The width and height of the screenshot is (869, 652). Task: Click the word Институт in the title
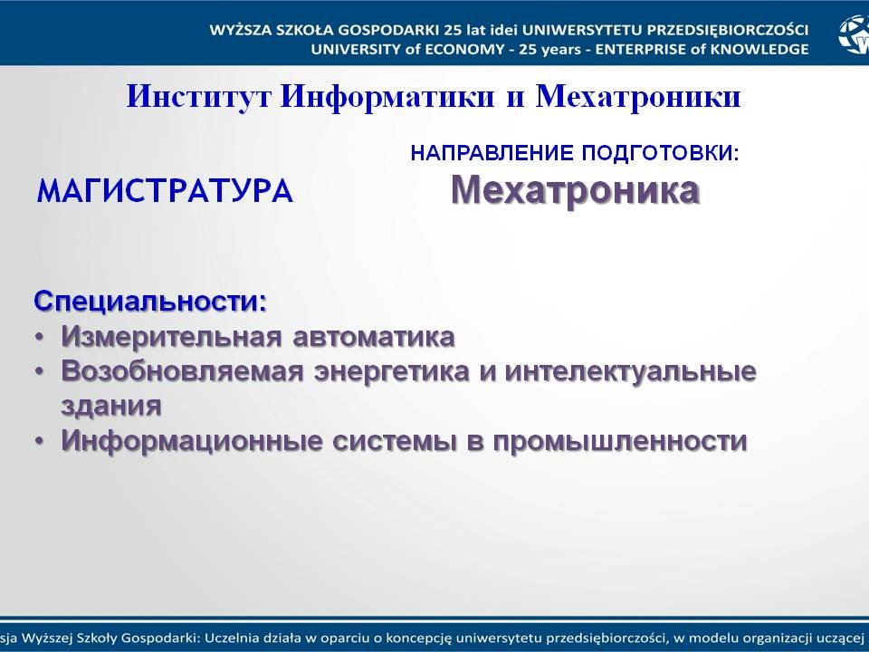pyautogui.click(x=199, y=96)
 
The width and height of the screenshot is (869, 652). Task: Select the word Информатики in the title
pyautogui.click(x=387, y=98)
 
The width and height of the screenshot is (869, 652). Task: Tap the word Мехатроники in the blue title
pyautogui.click(x=638, y=98)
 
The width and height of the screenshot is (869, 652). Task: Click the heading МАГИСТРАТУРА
pyautogui.click(x=165, y=191)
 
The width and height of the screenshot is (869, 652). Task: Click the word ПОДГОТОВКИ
pyautogui.click(x=661, y=153)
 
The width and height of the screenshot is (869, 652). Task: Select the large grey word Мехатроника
pyautogui.click(x=576, y=190)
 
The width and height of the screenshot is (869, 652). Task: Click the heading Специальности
pyautogui.click(x=150, y=302)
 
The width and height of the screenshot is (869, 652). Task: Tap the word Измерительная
pyautogui.click(x=172, y=337)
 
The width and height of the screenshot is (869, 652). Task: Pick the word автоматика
pyautogui.click(x=374, y=338)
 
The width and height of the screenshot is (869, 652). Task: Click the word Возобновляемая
pyautogui.click(x=182, y=371)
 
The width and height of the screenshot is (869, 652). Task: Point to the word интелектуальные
pyautogui.click(x=631, y=372)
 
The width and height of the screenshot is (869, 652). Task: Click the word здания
pyautogui.click(x=111, y=407)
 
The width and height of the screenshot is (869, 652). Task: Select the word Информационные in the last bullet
pyautogui.click(x=192, y=441)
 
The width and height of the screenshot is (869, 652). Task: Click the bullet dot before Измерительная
pyautogui.click(x=39, y=338)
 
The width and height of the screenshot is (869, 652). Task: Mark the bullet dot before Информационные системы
pyautogui.click(x=39, y=442)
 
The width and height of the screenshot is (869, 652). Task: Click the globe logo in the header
pyautogui.click(x=854, y=34)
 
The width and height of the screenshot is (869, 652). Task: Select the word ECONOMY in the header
pyautogui.click(x=465, y=49)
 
